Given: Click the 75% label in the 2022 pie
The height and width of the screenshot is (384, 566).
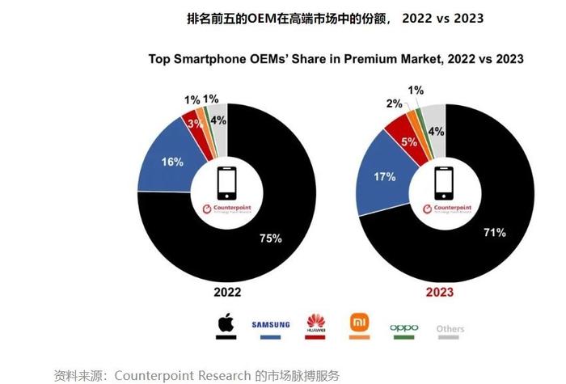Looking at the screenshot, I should click(x=270, y=238).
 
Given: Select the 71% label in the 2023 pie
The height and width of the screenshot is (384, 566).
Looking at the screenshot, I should click(x=494, y=233).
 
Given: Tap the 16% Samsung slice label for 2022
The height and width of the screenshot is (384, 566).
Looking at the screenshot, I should click(x=172, y=162).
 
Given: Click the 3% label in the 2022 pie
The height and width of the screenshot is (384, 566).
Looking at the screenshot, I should click(x=195, y=123).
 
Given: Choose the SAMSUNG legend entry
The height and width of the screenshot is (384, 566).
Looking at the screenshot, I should click(x=270, y=327).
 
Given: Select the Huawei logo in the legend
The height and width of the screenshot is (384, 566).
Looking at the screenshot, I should click(x=315, y=325).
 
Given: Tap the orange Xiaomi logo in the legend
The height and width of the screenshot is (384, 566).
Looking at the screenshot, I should click(x=359, y=324).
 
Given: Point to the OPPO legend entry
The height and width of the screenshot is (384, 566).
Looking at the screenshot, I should click(x=403, y=328).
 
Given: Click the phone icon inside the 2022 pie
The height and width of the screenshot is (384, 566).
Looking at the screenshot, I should click(x=227, y=183).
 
